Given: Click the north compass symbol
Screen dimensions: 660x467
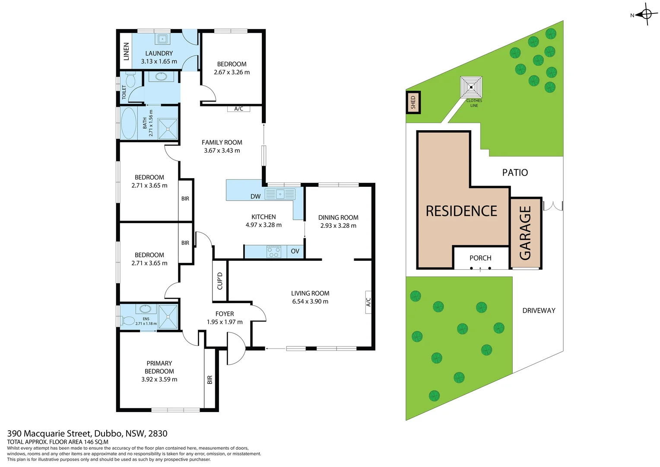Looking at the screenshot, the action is [646, 14].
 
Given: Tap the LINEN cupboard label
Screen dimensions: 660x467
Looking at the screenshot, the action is [126, 51].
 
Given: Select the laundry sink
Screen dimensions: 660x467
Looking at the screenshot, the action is [162, 39].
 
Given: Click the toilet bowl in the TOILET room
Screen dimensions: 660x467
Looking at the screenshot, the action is [130, 80].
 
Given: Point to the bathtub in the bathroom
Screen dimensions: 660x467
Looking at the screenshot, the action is [128, 123].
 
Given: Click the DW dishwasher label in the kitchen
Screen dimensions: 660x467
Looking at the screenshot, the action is [255, 196].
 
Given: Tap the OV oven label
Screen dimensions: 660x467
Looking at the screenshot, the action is [295, 251].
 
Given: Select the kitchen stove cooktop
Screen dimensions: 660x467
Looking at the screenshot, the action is [274, 252].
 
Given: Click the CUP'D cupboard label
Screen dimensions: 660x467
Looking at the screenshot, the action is [220, 281].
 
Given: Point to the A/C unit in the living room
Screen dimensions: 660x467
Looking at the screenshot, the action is [368, 302].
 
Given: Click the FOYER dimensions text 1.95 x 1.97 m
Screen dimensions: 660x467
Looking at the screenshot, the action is [225, 322].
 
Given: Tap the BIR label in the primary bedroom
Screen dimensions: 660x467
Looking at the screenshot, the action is [210, 380].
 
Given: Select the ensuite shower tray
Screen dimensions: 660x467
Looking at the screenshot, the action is [168, 317].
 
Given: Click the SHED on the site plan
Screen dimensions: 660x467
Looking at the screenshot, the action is [413, 102].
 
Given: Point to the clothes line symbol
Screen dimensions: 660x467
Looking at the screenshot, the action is [471, 87].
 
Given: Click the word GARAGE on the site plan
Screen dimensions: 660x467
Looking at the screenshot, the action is [525, 233].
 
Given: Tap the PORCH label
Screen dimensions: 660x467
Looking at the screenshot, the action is [480, 258].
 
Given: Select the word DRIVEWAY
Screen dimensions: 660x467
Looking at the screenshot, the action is [539, 310].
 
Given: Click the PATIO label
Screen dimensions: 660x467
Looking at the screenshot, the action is [515, 173].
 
